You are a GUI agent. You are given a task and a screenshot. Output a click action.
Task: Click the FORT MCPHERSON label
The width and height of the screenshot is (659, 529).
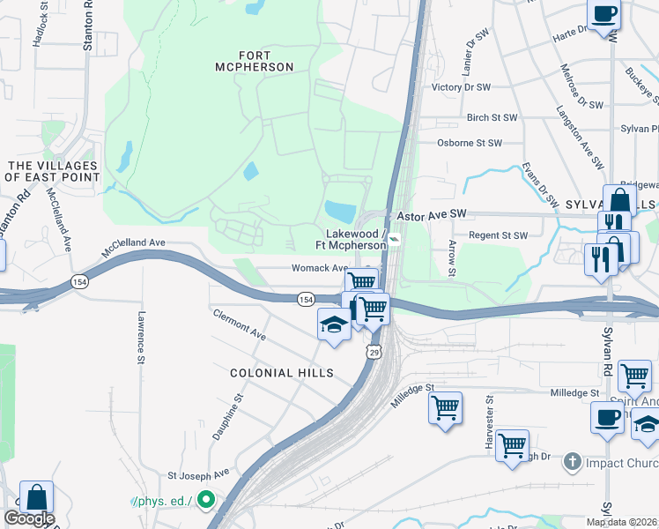pyautogui.click(x=255, y=60)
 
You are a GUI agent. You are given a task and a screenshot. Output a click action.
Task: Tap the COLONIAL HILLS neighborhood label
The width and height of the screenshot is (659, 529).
pyautogui.click(x=282, y=373)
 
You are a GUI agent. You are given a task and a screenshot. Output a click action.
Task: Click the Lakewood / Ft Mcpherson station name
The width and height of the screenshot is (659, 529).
pyautogui.click(x=356, y=239)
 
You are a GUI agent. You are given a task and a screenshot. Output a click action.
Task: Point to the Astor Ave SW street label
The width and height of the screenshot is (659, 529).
pyautogui.click(x=431, y=214)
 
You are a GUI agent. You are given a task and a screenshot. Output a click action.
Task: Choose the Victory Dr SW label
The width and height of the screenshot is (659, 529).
pyautogui.click(x=461, y=88)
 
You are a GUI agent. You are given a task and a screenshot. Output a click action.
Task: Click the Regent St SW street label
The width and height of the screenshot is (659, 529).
pyautogui.click(x=498, y=235)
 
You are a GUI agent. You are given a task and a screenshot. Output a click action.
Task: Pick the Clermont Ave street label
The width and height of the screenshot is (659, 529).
pyautogui.click(x=238, y=324)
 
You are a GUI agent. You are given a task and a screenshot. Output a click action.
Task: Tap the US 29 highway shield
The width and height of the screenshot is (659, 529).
pyautogui.click(x=374, y=352)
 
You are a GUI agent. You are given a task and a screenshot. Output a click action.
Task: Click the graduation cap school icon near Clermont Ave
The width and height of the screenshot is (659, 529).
pyautogui.click(x=333, y=324)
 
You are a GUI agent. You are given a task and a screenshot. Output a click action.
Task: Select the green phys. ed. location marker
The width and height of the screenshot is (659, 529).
pyautogui.click(x=206, y=501)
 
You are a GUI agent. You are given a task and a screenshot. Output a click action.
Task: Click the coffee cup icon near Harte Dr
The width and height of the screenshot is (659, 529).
pyautogui.click(x=604, y=15)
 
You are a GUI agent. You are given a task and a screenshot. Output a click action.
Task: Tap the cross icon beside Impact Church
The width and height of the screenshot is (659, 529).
pyautogui.click(x=572, y=461)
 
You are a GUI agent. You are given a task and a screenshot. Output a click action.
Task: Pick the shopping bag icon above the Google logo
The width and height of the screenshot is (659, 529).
pyautogui.click(x=37, y=496)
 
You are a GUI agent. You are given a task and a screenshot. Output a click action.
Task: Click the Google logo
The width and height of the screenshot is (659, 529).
pyautogui.click(x=29, y=518)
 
